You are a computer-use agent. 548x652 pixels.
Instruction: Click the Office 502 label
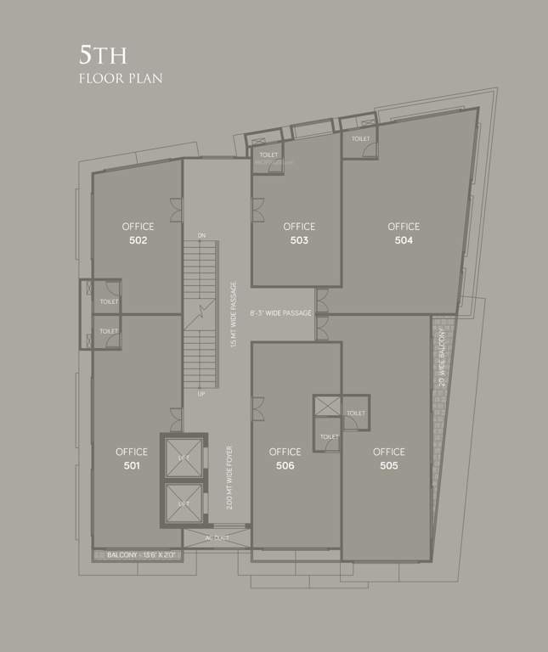tap(138, 233)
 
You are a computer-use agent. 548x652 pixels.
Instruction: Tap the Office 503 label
tap(299, 233)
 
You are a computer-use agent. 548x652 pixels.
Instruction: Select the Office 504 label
tap(404, 233)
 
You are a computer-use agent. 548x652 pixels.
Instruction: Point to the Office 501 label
tap(132, 458)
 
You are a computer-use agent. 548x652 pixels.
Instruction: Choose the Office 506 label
tap(285, 458)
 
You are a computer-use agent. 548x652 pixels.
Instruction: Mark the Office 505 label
tap(388, 458)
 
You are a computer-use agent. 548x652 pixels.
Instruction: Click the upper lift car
tap(184, 459)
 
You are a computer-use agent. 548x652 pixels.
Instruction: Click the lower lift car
tap(184, 503)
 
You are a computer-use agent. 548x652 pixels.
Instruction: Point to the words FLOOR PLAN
tap(120, 79)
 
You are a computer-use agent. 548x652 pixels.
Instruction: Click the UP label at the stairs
tap(201, 395)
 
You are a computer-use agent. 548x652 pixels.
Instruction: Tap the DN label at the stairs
tap(201, 235)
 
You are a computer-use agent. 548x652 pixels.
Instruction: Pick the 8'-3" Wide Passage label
tap(281, 313)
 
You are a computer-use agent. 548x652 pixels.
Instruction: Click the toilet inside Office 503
tap(269, 155)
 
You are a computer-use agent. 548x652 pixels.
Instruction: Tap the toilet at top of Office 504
tap(361, 138)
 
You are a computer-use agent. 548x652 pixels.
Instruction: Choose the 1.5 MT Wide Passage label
tap(234, 314)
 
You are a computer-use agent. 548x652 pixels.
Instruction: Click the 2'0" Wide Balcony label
tap(442, 357)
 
